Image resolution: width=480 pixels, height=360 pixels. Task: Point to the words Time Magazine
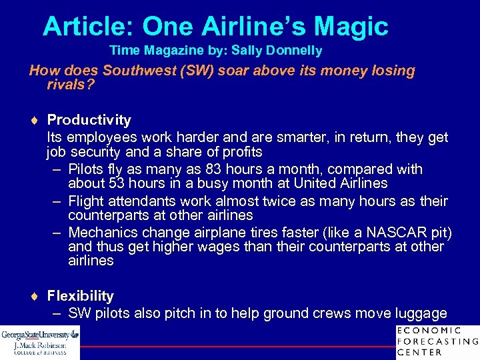(150, 51)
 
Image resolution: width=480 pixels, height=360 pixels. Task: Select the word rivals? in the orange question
(70, 85)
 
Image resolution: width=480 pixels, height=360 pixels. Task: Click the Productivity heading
(89, 120)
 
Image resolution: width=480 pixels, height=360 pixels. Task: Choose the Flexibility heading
(80, 296)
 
